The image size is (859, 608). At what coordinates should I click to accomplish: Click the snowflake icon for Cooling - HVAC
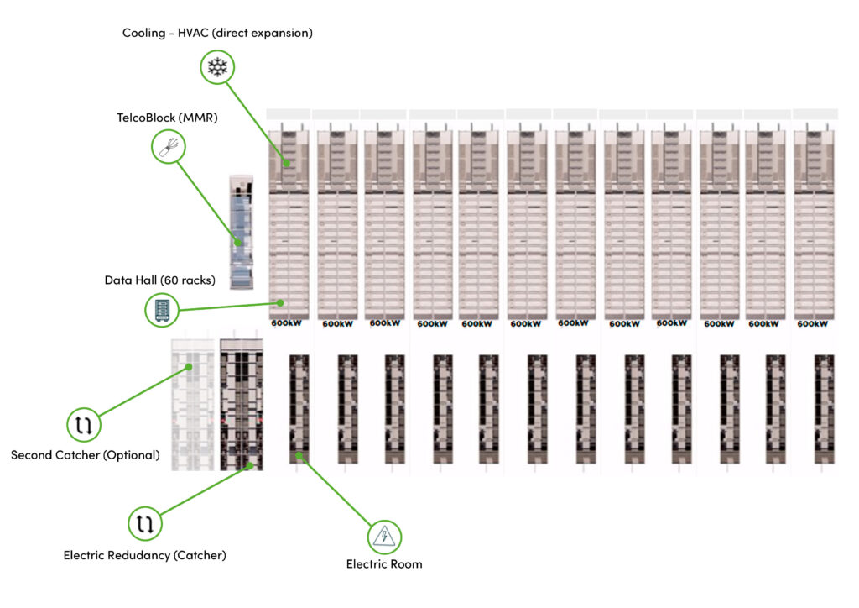217,67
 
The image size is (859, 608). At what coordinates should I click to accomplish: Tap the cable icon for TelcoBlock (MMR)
168,146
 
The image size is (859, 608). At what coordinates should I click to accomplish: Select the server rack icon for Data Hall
162,310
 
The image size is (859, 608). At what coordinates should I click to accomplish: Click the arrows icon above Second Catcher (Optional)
84,424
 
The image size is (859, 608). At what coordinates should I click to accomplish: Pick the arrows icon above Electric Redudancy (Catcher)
145,523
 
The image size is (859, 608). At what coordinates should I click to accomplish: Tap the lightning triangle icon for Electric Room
384,537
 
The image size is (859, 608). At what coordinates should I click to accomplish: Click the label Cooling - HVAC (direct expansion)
217,33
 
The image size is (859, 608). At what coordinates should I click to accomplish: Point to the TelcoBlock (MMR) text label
167,118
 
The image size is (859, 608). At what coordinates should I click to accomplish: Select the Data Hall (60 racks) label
160,280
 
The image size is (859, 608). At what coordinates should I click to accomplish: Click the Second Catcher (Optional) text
86,455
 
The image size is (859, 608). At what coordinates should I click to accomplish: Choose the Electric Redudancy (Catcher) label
144,555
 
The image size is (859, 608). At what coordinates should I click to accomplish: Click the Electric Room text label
384,564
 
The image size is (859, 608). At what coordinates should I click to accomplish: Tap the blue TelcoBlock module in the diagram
241,232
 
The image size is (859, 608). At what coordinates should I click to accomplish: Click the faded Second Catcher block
193,405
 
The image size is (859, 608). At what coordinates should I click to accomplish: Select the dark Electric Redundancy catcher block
242,405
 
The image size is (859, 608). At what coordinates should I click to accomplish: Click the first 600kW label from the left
286,323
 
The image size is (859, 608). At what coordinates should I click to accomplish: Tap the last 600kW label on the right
812,324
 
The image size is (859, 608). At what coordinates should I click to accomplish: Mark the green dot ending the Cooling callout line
287,163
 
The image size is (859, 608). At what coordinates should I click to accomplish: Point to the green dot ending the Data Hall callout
280,302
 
